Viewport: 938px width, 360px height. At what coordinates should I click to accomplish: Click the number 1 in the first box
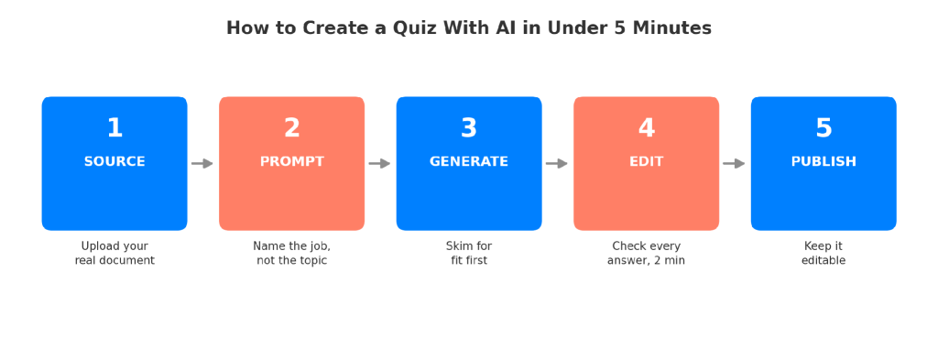(x=115, y=128)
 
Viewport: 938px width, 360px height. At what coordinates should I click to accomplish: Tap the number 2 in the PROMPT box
(x=292, y=128)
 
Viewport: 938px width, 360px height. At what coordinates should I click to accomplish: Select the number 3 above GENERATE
(x=469, y=128)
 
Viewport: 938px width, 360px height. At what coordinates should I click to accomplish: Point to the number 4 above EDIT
(x=646, y=128)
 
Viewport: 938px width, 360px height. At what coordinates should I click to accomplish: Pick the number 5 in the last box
(x=823, y=128)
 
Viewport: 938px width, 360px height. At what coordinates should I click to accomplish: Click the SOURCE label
(x=115, y=161)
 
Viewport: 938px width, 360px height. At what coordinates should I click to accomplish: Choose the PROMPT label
(x=292, y=161)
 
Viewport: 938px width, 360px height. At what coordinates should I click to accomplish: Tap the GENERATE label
(x=469, y=161)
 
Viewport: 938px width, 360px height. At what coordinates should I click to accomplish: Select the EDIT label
(x=646, y=161)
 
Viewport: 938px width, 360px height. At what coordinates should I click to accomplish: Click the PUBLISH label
(x=823, y=161)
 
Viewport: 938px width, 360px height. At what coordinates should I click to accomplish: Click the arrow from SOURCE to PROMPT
(x=202, y=163)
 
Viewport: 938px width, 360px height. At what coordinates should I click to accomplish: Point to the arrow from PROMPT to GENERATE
(x=379, y=163)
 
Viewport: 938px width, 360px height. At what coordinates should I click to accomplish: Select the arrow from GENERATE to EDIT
(x=556, y=163)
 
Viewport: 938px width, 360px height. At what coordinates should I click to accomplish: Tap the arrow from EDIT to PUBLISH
(x=734, y=163)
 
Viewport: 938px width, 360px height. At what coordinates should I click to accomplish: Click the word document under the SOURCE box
(x=128, y=261)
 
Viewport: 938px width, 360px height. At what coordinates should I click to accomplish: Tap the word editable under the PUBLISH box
(x=823, y=261)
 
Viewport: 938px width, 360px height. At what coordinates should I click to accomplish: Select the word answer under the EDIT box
(x=626, y=261)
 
